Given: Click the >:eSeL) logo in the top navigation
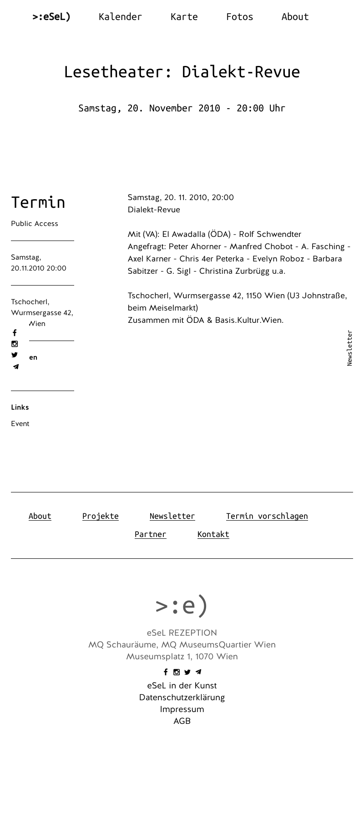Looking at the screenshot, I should [51, 17].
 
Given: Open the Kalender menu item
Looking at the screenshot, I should [120, 17].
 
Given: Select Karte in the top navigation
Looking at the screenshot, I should [184, 17].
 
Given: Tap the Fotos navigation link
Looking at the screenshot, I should [239, 17].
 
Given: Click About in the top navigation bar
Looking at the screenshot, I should [295, 17].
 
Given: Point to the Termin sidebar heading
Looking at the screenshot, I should [38, 202].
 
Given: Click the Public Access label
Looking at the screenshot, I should [35, 224].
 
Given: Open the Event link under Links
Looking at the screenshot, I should [20, 424].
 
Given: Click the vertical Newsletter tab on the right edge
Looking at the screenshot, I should [349, 348].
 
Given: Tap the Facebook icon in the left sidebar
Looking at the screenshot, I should [15, 333].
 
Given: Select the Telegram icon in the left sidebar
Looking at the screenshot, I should [15, 366].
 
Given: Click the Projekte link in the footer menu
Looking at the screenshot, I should [101, 516].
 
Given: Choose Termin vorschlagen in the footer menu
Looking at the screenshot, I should [267, 516].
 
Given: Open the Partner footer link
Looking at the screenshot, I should [151, 534].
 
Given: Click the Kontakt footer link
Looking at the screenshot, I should [213, 534].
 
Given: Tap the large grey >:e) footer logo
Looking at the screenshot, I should [182, 605].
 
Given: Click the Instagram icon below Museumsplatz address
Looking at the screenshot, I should [177, 672].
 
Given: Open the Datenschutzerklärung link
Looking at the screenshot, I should [182, 698].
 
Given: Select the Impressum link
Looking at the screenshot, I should [182, 709].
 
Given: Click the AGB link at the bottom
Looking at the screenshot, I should [182, 721].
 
